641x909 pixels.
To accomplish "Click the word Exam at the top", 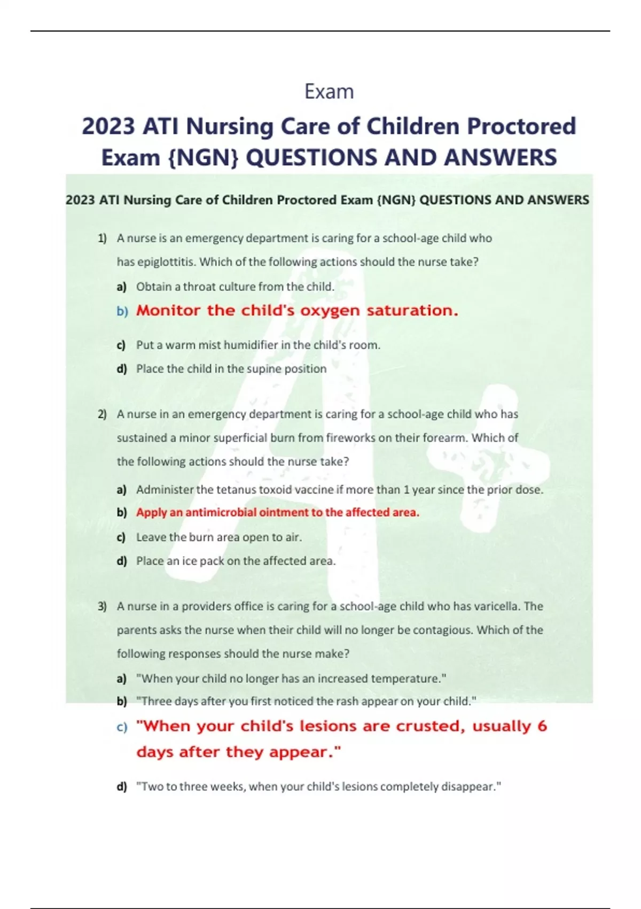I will click(x=329, y=92).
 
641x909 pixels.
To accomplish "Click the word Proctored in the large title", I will click(x=521, y=127).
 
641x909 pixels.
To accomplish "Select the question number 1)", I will click(x=102, y=238).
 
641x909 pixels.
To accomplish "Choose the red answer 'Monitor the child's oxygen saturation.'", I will click(x=297, y=311).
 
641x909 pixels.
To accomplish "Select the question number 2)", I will click(x=102, y=414).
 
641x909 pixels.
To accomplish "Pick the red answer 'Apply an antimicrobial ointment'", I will click(x=277, y=513).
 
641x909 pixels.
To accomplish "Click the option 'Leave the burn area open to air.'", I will click(x=219, y=537).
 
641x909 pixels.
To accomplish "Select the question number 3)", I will click(x=102, y=606).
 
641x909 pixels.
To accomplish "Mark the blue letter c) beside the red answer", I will click(x=122, y=728).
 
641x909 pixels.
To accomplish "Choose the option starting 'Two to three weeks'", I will click(x=319, y=787).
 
